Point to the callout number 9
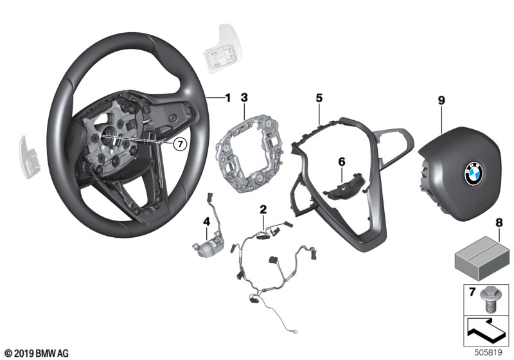(x=441, y=100)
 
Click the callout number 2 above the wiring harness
(x=262, y=209)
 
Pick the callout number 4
(x=206, y=222)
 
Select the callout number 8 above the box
(x=497, y=224)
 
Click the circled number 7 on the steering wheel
(x=181, y=145)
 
